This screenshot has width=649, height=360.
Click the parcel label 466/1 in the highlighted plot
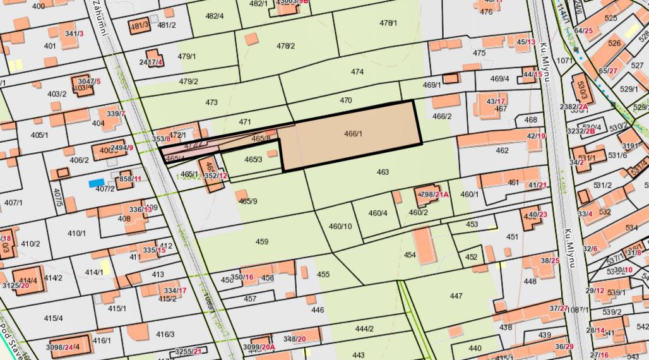pos(353,133)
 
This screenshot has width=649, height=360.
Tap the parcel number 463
pos(383,172)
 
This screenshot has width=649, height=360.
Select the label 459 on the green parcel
pos(262,242)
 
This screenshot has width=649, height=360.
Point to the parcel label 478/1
pos(388,23)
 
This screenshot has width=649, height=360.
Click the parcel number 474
pos(357,72)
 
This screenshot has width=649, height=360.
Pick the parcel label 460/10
pos(340,226)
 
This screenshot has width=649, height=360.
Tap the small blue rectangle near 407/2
pos(96,183)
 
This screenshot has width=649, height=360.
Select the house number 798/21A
pos(434,195)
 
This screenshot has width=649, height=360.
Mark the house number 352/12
pos(216,176)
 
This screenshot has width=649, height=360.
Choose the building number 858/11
pos(130,179)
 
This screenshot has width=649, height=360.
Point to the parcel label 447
pos(456,296)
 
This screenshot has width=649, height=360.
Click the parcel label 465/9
pos(247,201)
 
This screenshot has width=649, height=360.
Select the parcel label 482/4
pos(215,16)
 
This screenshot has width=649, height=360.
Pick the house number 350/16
pos(242,277)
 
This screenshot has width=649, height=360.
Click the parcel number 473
pos(211,102)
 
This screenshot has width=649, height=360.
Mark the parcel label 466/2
pos(442,116)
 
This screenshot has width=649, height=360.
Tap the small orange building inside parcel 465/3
pos(272,153)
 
